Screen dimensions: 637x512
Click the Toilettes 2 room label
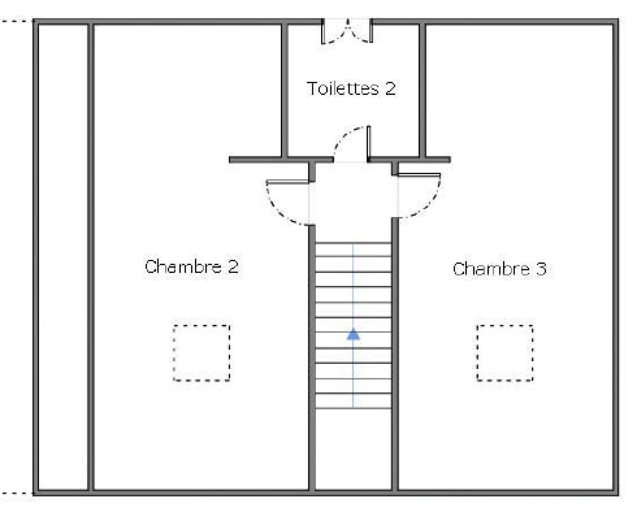[x=351, y=88]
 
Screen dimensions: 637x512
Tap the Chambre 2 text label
[x=192, y=266]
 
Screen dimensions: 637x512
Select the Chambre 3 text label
[x=500, y=269]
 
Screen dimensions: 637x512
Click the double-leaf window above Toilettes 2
[x=347, y=31]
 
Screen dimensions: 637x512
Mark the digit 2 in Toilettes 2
[x=390, y=89]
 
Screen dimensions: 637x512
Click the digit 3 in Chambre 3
[x=541, y=269]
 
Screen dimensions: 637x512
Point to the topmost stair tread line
[x=353, y=243]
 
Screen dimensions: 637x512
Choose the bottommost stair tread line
[x=353, y=409]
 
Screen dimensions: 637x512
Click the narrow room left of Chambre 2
[x=63, y=257]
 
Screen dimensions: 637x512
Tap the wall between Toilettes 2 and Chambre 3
[x=423, y=90]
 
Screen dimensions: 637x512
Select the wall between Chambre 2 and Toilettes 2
[x=285, y=90]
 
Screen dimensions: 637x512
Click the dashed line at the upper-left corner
[x=16, y=21]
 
